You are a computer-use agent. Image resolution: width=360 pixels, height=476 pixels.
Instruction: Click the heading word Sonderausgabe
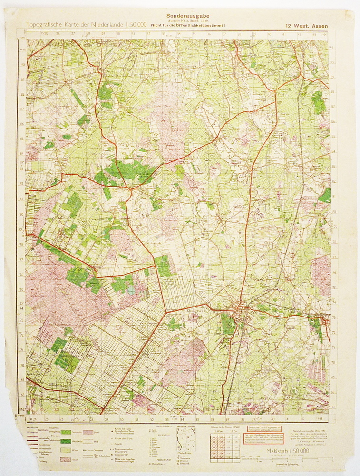click(180, 15)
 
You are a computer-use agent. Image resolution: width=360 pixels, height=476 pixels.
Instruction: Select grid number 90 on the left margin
click(22, 65)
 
